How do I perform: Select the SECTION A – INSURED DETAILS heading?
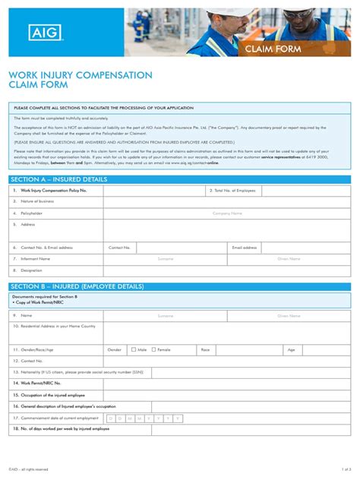point(59,179)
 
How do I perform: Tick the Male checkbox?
point(132,349)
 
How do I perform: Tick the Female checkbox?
point(154,349)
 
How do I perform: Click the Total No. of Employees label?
point(232,191)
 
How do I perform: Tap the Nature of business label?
point(37,201)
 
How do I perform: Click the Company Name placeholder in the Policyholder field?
point(227,213)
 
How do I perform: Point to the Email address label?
point(245,248)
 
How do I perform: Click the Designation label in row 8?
point(32,270)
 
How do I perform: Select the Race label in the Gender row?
point(205,350)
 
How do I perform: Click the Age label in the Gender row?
point(291,350)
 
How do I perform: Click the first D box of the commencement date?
point(111,418)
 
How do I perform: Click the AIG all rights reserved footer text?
point(29,469)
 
